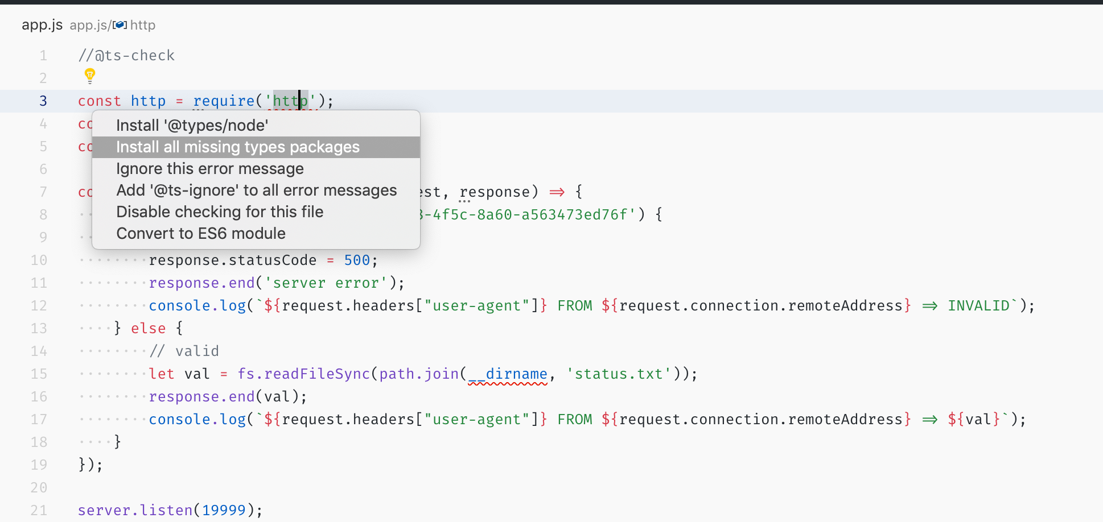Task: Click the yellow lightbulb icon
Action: [90, 75]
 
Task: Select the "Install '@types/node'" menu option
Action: [192, 125]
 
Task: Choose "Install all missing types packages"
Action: [237, 147]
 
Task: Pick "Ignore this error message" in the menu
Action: [209, 169]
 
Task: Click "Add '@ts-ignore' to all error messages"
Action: [256, 190]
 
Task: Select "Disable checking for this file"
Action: [220, 212]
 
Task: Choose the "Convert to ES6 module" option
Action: [201, 234]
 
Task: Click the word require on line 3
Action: [224, 101]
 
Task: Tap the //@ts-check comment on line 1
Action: [126, 55]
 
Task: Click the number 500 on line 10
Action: [357, 260]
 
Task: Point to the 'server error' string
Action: [326, 283]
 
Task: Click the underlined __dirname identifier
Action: [508, 374]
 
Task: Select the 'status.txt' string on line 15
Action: [619, 374]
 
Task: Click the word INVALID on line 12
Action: [978, 306]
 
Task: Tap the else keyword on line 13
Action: [148, 329]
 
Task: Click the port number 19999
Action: [224, 510]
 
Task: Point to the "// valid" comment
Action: [184, 351]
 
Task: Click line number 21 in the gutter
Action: [39, 510]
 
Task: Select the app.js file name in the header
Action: [42, 25]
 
